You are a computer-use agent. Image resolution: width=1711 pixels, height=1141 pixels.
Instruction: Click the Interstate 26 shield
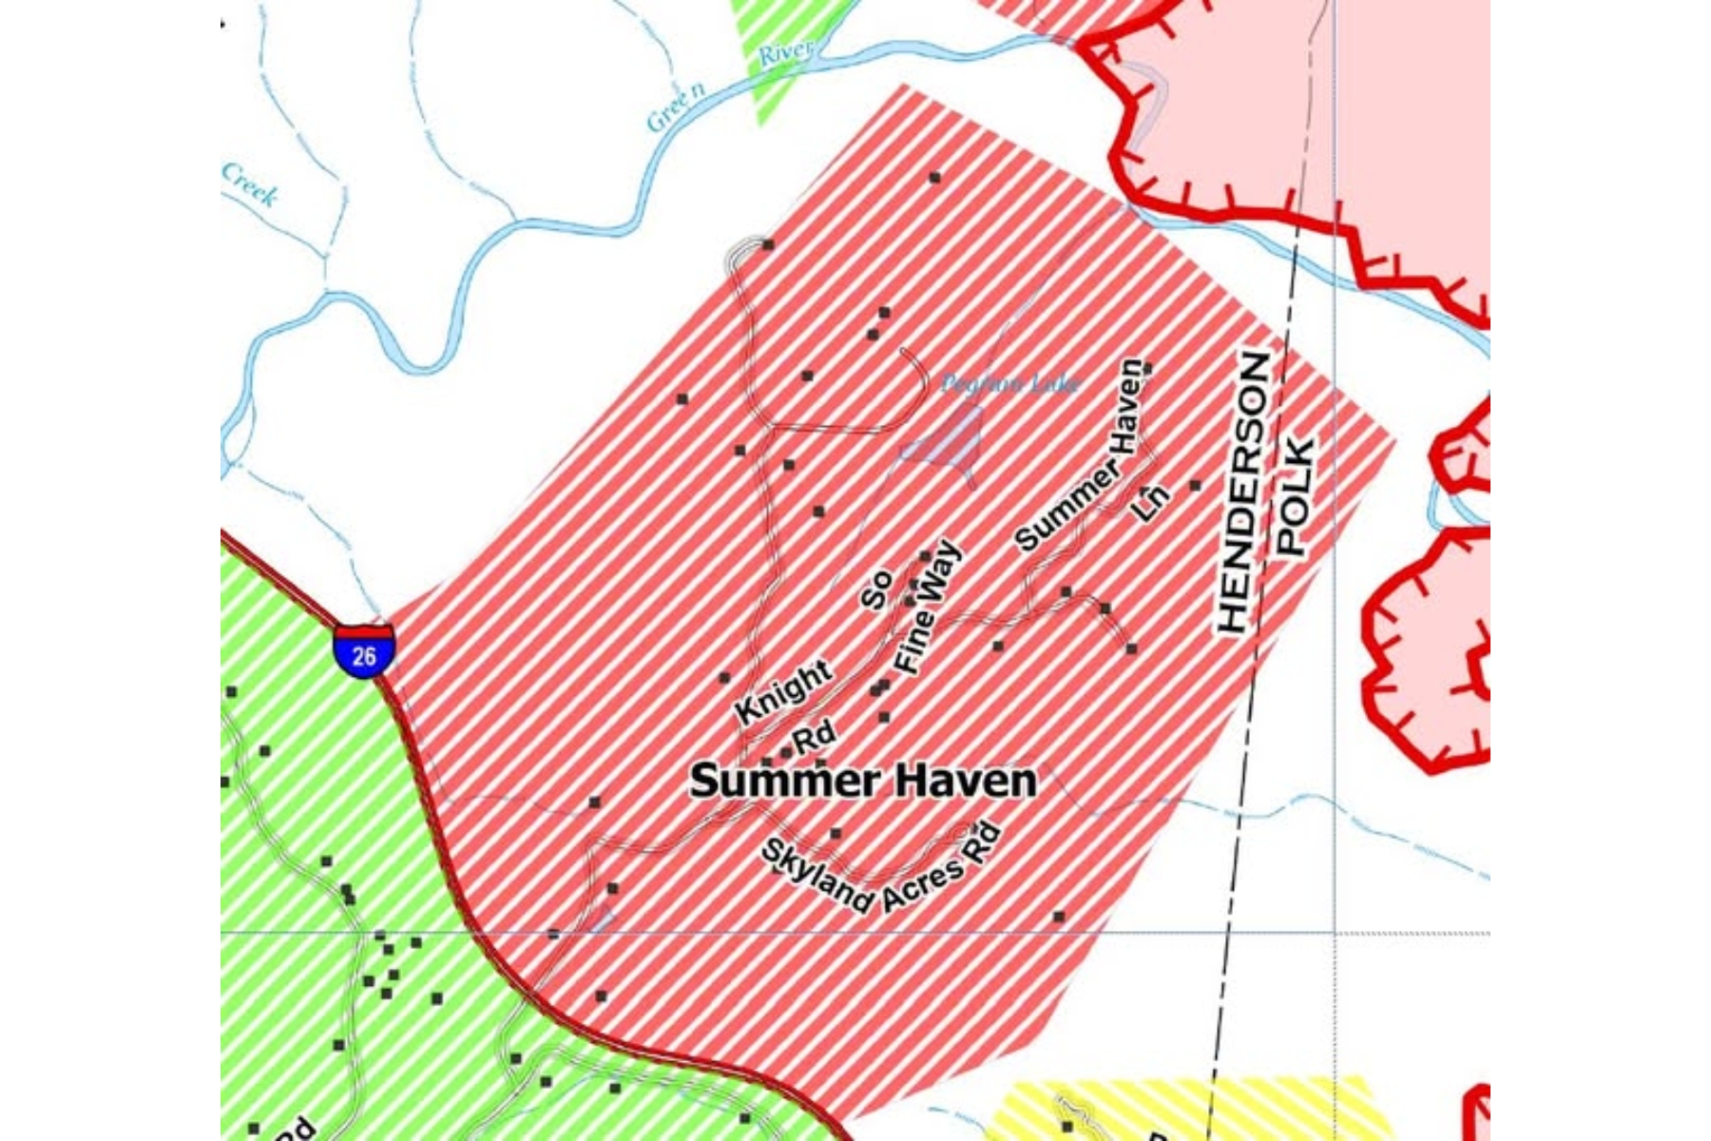[x=363, y=650]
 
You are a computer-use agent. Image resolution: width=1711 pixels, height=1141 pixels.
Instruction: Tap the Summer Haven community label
[x=863, y=782]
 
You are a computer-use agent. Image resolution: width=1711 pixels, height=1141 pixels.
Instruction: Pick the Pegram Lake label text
[x=1009, y=384]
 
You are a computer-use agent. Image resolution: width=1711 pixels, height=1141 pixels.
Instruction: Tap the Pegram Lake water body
[x=951, y=441]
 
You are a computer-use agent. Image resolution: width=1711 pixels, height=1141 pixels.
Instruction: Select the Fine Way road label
[x=928, y=609]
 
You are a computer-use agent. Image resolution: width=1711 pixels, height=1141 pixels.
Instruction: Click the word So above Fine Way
[x=875, y=589]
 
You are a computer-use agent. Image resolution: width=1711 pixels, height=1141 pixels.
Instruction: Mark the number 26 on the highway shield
[x=363, y=656]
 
